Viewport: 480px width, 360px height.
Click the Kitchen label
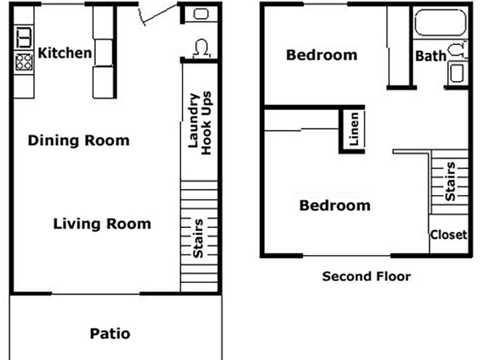tap(65, 53)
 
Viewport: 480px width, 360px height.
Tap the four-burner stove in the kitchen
tap(24, 62)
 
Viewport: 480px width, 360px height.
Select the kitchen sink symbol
tap(24, 37)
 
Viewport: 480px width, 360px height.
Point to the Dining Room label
tap(79, 140)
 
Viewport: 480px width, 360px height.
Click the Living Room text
tap(102, 224)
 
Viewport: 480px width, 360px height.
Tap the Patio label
tap(110, 334)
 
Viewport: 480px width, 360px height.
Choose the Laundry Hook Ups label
tap(200, 123)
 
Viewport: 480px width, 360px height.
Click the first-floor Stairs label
tap(198, 238)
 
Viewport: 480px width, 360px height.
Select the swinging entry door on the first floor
tap(157, 14)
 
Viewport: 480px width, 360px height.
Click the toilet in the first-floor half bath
tap(202, 49)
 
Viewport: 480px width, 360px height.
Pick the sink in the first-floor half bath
tap(201, 14)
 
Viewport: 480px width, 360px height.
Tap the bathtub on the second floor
tap(440, 22)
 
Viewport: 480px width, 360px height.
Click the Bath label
tap(431, 56)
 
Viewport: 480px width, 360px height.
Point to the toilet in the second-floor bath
tap(458, 50)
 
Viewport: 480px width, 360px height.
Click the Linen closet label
tap(353, 129)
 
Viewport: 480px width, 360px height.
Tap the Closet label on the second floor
tap(449, 235)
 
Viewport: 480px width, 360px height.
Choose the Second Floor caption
tap(367, 277)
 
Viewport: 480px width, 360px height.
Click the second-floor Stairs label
tap(451, 181)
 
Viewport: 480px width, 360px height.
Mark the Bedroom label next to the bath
tap(322, 55)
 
